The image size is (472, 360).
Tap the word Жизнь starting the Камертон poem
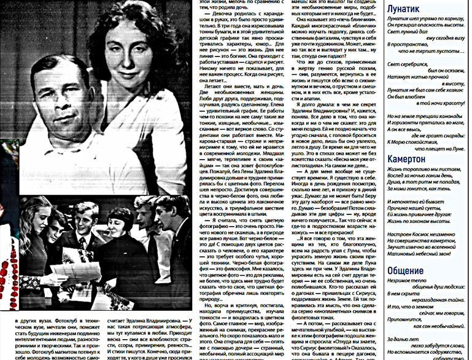pyautogui.click(x=397, y=168)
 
